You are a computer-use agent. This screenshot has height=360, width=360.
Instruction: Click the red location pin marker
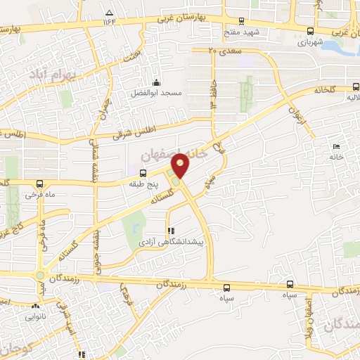click(181, 165)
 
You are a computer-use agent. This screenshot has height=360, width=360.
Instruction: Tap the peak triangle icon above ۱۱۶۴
click(109, 13)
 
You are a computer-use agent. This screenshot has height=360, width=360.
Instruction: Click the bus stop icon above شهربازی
click(310, 30)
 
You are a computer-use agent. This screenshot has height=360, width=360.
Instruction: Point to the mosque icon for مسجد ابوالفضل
click(156, 83)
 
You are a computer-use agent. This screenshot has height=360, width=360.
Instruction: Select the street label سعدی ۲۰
click(225, 51)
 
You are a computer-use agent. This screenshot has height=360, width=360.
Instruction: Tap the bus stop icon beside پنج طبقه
click(143, 173)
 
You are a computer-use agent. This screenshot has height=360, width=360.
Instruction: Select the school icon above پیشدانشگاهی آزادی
click(169, 230)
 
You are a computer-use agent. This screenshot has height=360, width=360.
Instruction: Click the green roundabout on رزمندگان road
click(40, 275)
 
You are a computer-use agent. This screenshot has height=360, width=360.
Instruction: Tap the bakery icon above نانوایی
click(35, 307)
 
